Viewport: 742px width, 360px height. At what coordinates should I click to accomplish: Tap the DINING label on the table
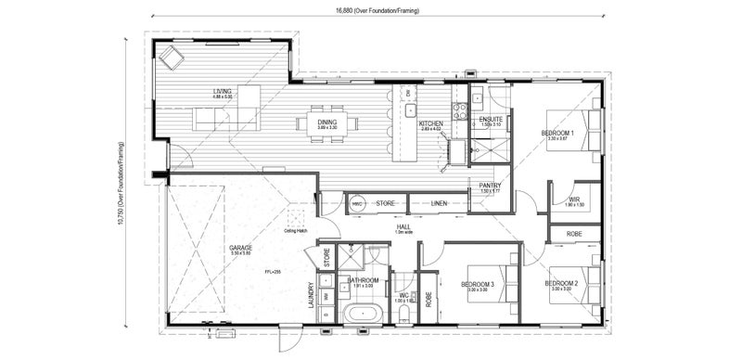(327, 121)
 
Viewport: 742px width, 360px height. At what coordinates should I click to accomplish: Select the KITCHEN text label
(430, 123)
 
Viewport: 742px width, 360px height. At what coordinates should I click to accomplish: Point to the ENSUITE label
(491, 120)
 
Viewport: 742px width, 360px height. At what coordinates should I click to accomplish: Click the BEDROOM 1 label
(557, 133)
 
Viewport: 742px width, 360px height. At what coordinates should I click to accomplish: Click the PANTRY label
(490, 186)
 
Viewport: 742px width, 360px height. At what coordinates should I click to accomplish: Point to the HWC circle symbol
(357, 202)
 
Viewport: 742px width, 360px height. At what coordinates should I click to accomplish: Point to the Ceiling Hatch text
(296, 231)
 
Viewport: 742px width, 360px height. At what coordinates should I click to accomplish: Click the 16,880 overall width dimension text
(379, 11)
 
